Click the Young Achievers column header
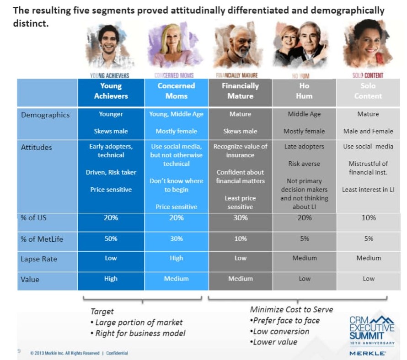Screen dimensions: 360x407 pyautogui.click(x=111, y=91)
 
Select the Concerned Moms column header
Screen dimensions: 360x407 pyautogui.click(x=177, y=91)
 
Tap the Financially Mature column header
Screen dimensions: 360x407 pyautogui.click(x=241, y=91)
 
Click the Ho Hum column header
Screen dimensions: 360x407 pyautogui.click(x=305, y=91)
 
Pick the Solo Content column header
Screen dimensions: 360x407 pyautogui.click(x=368, y=91)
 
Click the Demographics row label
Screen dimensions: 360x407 pyautogui.click(x=45, y=115)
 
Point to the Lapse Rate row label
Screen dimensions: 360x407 pyautogui.click(x=38, y=259)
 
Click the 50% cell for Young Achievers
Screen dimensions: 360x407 pyautogui.click(x=111, y=238)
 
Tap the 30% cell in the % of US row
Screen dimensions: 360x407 pyautogui.click(x=241, y=218)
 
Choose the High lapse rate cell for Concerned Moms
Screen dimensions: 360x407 pyautogui.click(x=177, y=258)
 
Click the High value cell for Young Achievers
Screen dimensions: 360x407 pyautogui.click(x=111, y=279)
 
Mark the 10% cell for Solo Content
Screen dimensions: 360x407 pyautogui.click(x=369, y=218)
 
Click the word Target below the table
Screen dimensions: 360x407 pyautogui.click(x=102, y=312)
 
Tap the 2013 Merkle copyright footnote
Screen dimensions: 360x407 pyautogui.click(x=79, y=353)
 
